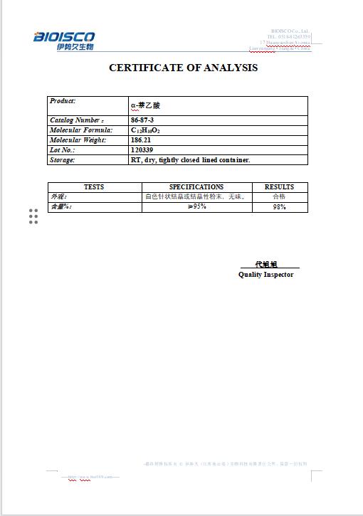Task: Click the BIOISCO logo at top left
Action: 64,40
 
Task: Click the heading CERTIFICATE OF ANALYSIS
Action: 183,68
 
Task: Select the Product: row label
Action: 63,101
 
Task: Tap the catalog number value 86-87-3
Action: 142,120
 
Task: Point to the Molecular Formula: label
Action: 81,130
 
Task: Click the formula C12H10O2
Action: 145,131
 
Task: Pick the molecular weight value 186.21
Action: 142,140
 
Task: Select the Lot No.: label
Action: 63,150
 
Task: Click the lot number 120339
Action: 142,150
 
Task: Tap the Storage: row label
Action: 62,160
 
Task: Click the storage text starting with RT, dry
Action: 190,160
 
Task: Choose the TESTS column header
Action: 94,187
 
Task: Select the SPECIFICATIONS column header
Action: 196,187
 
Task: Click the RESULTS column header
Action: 279,187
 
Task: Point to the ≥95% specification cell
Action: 196,206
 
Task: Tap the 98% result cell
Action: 279,207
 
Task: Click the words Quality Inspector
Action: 265,275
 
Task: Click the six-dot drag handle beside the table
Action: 33,216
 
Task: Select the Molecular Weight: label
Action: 78,140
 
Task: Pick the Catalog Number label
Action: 76,120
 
